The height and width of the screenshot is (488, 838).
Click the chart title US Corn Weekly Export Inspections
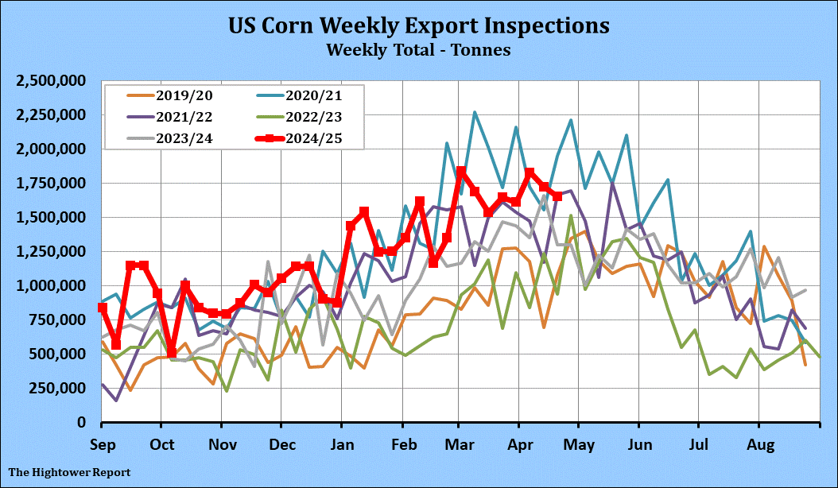(419, 25)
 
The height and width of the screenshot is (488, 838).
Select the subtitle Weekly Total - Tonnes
(418, 49)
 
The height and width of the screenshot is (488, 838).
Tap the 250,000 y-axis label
(59, 388)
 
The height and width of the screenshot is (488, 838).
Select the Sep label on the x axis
(102, 441)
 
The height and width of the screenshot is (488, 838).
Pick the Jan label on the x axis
(342, 441)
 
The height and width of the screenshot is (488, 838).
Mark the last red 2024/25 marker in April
(558, 196)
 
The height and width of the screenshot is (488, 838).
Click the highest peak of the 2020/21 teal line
(475, 112)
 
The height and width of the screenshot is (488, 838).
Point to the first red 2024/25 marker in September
(103, 308)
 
